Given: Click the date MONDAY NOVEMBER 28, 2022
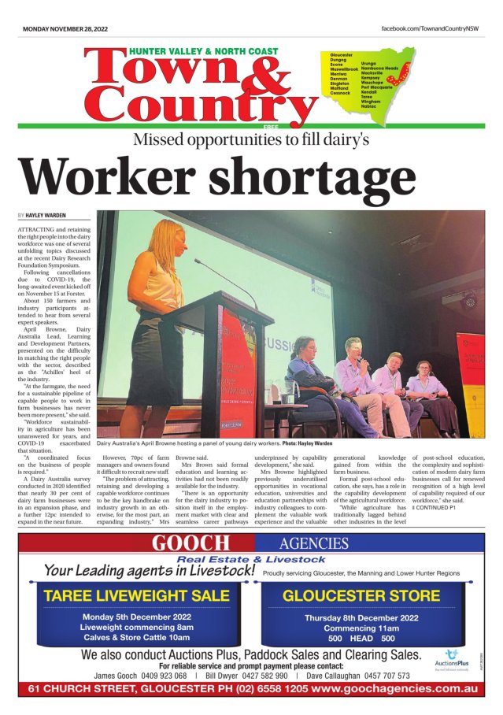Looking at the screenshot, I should [65, 28].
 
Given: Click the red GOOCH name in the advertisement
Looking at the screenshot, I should [191, 543].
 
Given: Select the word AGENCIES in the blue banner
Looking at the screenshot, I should [313, 543].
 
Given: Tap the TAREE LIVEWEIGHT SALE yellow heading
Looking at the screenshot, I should [137, 595].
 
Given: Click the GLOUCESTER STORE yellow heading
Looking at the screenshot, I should [361, 595].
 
